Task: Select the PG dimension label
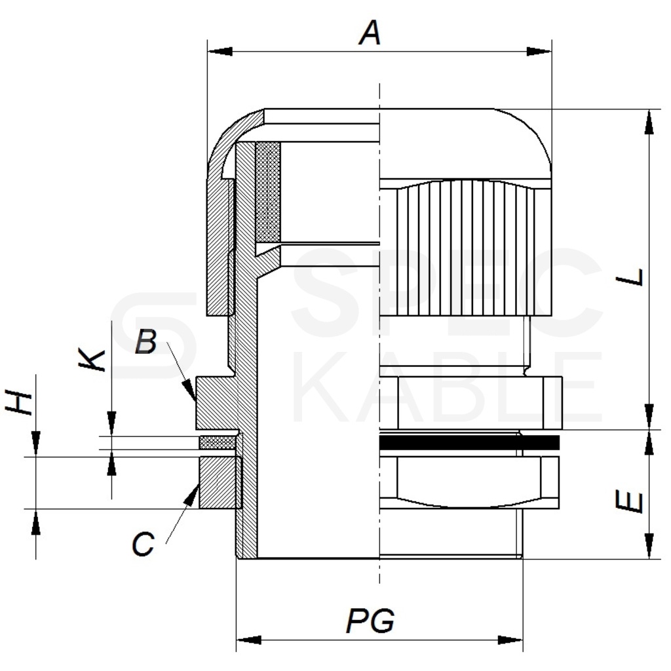370,621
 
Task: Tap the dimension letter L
630,277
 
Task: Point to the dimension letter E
630,501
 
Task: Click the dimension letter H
19,402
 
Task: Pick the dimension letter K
92,360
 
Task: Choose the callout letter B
146,341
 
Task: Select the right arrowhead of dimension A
539,51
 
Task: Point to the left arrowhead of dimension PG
248,640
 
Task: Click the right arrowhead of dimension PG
510,640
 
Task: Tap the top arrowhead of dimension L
649,122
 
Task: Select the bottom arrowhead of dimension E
649,546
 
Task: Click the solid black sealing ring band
469,442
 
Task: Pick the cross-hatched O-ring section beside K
218,442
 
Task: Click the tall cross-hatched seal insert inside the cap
268,192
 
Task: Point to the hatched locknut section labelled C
220,483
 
